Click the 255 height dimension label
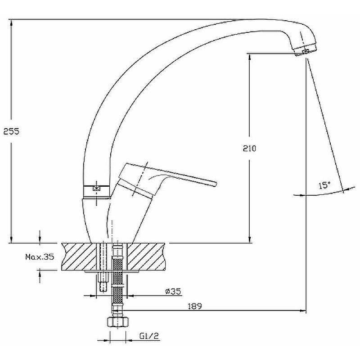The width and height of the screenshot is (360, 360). pos(11,131)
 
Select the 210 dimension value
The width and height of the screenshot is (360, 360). pos(249,148)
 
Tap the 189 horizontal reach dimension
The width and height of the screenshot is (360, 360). pos(195,306)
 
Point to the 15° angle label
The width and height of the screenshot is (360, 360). pos(324,185)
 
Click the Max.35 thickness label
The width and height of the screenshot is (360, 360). pos(40,256)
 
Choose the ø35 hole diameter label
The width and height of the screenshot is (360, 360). pos(173,291)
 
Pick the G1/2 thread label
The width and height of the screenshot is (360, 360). pos(149,336)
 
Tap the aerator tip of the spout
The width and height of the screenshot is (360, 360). pos(306,50)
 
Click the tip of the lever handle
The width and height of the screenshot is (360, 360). pos(216,183)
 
